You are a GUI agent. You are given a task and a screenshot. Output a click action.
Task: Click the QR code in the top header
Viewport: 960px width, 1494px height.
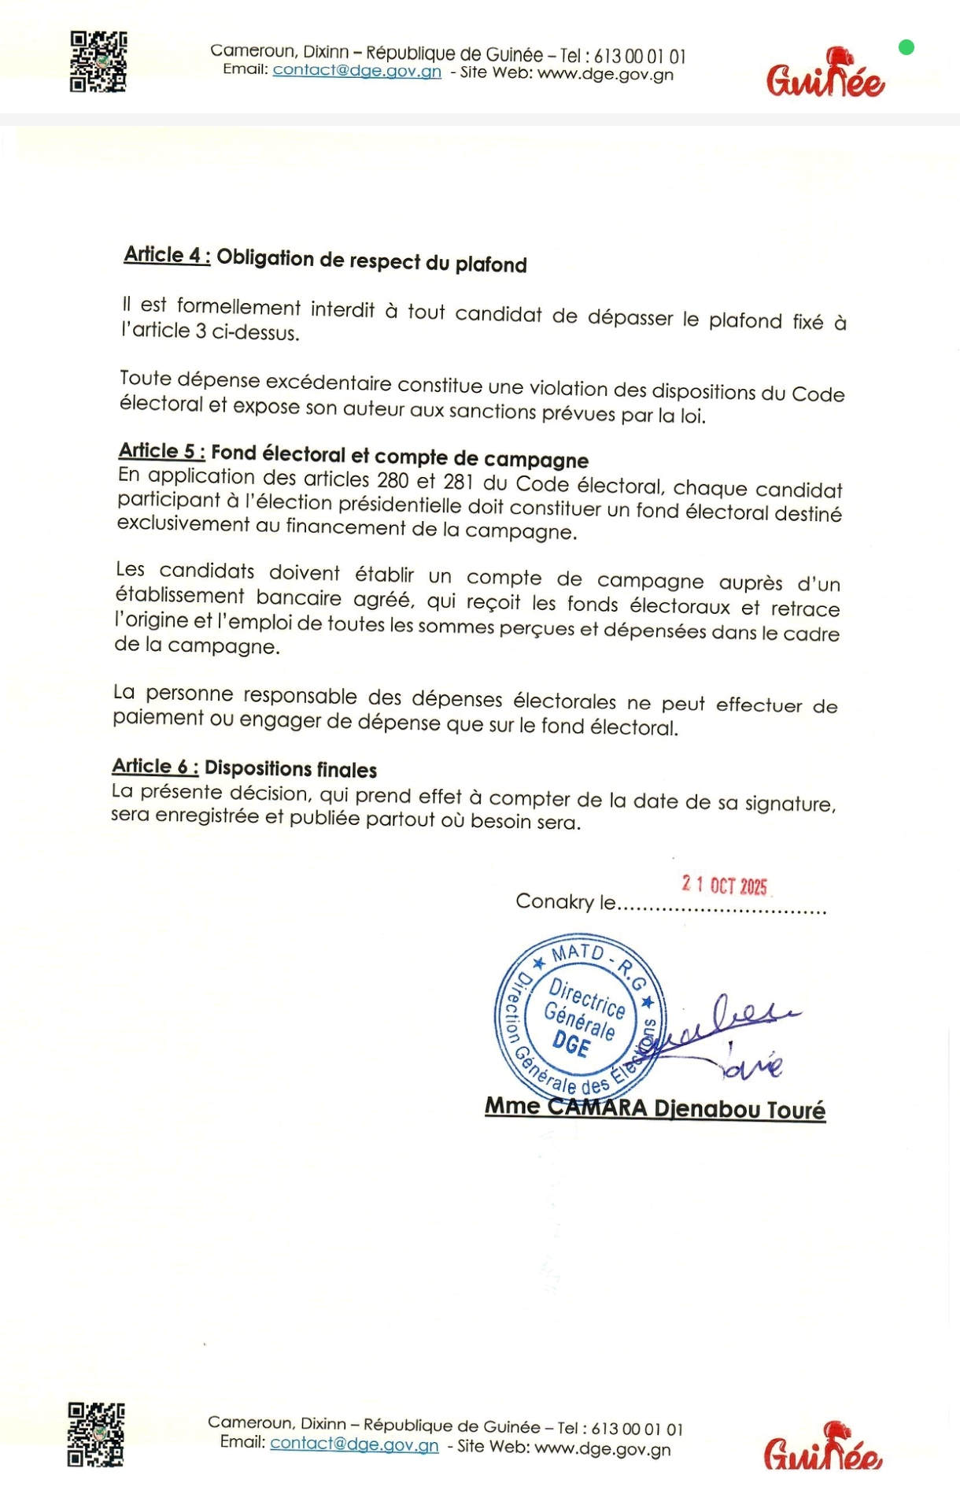click(98, 62)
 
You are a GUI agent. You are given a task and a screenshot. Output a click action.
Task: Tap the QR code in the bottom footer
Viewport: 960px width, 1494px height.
click(96, 1434)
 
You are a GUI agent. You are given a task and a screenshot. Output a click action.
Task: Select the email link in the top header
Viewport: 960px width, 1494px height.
click(356, 71)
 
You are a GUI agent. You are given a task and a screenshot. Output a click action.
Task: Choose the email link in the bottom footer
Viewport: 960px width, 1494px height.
click(354, 1444)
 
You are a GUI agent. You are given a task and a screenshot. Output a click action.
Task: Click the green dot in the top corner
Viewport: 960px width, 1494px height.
click(906, 48)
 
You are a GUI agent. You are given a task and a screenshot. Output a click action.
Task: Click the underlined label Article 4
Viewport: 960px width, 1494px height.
click(167, 255)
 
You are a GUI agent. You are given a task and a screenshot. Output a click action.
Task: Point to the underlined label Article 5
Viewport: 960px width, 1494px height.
click(162, 451)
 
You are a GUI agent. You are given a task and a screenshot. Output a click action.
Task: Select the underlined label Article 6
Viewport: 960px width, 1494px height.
click(155, 766)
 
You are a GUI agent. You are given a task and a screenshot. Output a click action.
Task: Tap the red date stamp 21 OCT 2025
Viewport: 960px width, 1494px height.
click(724, 886)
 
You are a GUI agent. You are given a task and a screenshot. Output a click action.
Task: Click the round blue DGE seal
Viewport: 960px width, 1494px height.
click(581, 1016)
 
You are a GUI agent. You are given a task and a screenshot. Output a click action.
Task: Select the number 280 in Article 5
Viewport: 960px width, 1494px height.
click(393, 479)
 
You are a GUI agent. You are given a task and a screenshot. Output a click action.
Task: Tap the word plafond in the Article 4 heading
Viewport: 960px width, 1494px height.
click(491, 264)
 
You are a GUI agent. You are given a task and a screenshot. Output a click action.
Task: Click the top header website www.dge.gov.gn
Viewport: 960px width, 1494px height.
click(606, 75)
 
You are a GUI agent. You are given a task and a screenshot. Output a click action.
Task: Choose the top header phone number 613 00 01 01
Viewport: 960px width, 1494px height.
click(640, 57)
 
